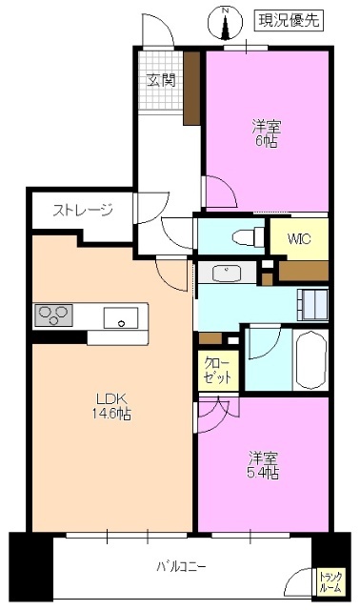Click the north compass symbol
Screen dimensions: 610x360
coord(226,15)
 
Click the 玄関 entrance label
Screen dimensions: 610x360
coord(160,80)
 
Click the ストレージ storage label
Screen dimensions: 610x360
coord(82,211)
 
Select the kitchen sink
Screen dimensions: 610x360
coord(122,317)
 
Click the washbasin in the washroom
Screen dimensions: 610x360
coord(227,274)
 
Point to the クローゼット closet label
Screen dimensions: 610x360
coord(217,370)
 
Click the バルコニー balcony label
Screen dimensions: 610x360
coord(181,567)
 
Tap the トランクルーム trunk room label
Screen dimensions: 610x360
coord(330,581)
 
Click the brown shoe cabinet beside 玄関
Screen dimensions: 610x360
coord(191,88)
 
